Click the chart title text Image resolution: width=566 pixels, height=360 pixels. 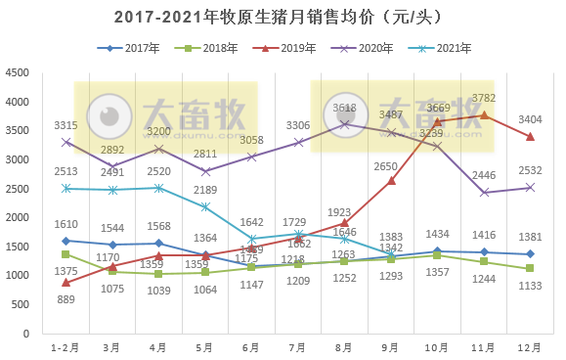point(283,18)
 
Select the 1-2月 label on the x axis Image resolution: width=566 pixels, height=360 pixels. point(65,346)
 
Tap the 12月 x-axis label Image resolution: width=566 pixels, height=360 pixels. point(530,346)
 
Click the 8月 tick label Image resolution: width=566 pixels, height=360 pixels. point(344,346)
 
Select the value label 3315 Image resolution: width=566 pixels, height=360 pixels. point(65,124)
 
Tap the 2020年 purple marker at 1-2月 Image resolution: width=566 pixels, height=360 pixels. point(65,142)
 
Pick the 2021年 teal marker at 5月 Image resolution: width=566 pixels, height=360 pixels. point(205,206)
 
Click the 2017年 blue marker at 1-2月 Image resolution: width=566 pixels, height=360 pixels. point(65,241)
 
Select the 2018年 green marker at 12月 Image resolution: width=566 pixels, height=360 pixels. point(530,268)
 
